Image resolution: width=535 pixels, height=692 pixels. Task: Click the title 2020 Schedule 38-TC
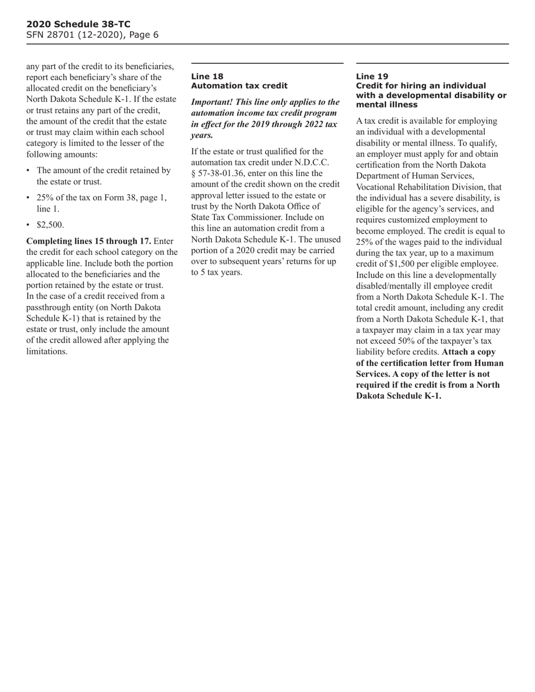(78, 24)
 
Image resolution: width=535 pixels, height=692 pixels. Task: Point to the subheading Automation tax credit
(239, 86)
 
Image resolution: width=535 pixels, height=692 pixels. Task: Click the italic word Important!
(214, 102)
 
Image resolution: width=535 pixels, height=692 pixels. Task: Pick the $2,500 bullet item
(50, 225)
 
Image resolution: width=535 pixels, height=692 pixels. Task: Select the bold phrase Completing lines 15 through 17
(89, 241)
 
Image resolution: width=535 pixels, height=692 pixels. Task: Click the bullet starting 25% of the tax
(101, 197)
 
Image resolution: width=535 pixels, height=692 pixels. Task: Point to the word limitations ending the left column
(47, 351)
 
